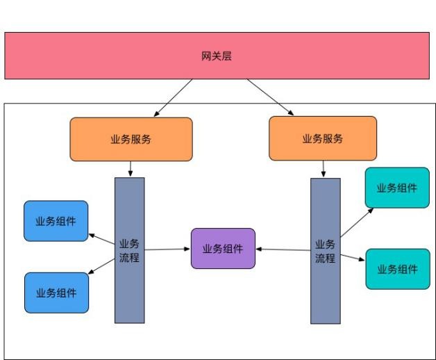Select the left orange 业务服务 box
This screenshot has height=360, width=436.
pyautogui.click(x=131, y=139)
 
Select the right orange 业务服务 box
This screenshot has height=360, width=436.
pyautogui.click(x=323, y=139)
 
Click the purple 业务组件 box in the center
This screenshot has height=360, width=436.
pyautogui.click(x=223, y=249)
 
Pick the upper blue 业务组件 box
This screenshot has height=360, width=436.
pyautogui.click(x=56, y=221)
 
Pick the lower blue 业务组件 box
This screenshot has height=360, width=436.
pyautogui.click(x=56, y=293)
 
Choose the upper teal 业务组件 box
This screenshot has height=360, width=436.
pyautogui.click(x=397, y=188)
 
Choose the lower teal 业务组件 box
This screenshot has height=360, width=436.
pyautogui.click(x=397, y=269)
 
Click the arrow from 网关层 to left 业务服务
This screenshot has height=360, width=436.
pyautogui.click(x=174, y=97)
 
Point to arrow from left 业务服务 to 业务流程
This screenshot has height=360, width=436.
pyautogui.click(x=131, y=169)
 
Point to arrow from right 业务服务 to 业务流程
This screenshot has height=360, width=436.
pyautogui.click(x=323, y=170)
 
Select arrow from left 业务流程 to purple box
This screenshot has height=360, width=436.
pyautogui.click(x=167, y=248)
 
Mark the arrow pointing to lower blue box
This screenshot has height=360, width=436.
pyautogui.click(x=102, y=265)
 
